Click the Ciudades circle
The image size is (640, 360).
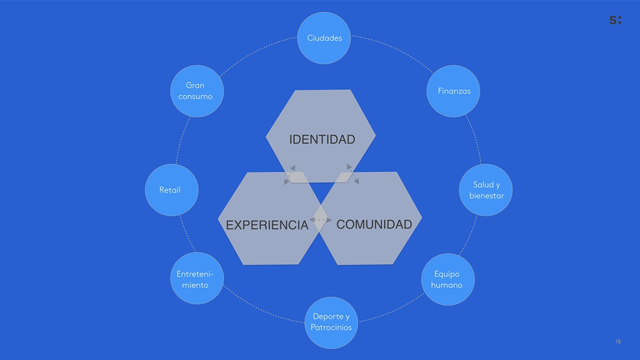pos(324,38)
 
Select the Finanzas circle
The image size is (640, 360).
pos(454,91)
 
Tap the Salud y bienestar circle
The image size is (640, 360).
pos(486,190)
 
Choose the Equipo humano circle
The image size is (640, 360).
pos(447,279)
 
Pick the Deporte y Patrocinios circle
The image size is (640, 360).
pos(331,322)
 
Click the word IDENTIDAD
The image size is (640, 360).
pos(322,140)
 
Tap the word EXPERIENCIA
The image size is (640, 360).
pos(267,225)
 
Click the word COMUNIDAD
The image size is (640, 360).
pos(374,225)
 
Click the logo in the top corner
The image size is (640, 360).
pos(615,20)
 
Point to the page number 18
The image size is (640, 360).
pos(618,341)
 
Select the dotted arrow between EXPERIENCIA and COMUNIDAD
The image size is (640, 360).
pos(321,220)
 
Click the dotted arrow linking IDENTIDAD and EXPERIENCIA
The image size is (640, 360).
pos(290,174)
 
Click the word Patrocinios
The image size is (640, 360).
pos(331,327)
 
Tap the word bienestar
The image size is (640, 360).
pos(486,196)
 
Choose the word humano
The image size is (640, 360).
pos(447,285)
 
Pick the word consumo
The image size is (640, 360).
pos(195,97)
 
